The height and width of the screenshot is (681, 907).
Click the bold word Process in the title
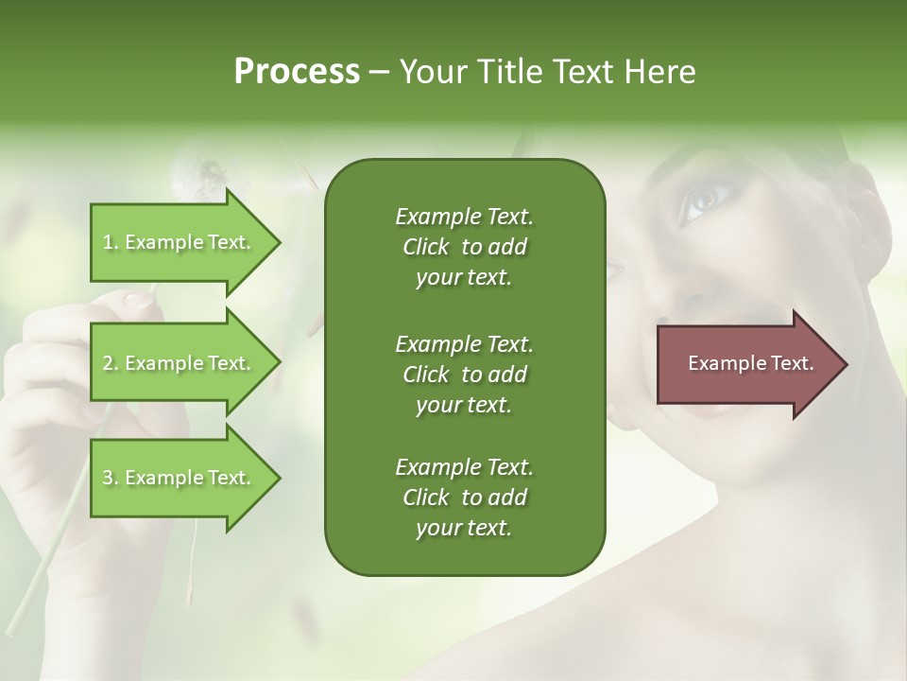pyautogui.click(x=297, y=72)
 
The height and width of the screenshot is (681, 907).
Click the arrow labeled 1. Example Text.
pyautogui.click(x=180, y=242)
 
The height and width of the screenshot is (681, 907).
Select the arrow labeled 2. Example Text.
pyautogui.click(x=180, y=363)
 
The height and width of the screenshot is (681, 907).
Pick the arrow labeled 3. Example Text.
pyautogui.click(x=180, y=478)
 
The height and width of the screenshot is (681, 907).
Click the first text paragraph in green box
pyautogui.click(x=464, y=247)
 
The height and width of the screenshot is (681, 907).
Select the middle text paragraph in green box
pyautogui.click(x=464, y=374)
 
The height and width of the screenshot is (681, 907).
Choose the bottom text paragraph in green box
pyautogui.click(x=464, y=498)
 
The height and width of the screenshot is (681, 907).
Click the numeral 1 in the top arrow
pyautogui.click(x=107, y=242)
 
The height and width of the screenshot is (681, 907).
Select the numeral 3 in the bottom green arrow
pyautogui.click(x=107, y=478)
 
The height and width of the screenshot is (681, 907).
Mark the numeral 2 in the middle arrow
pyautogui.click(x=107, y=363)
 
